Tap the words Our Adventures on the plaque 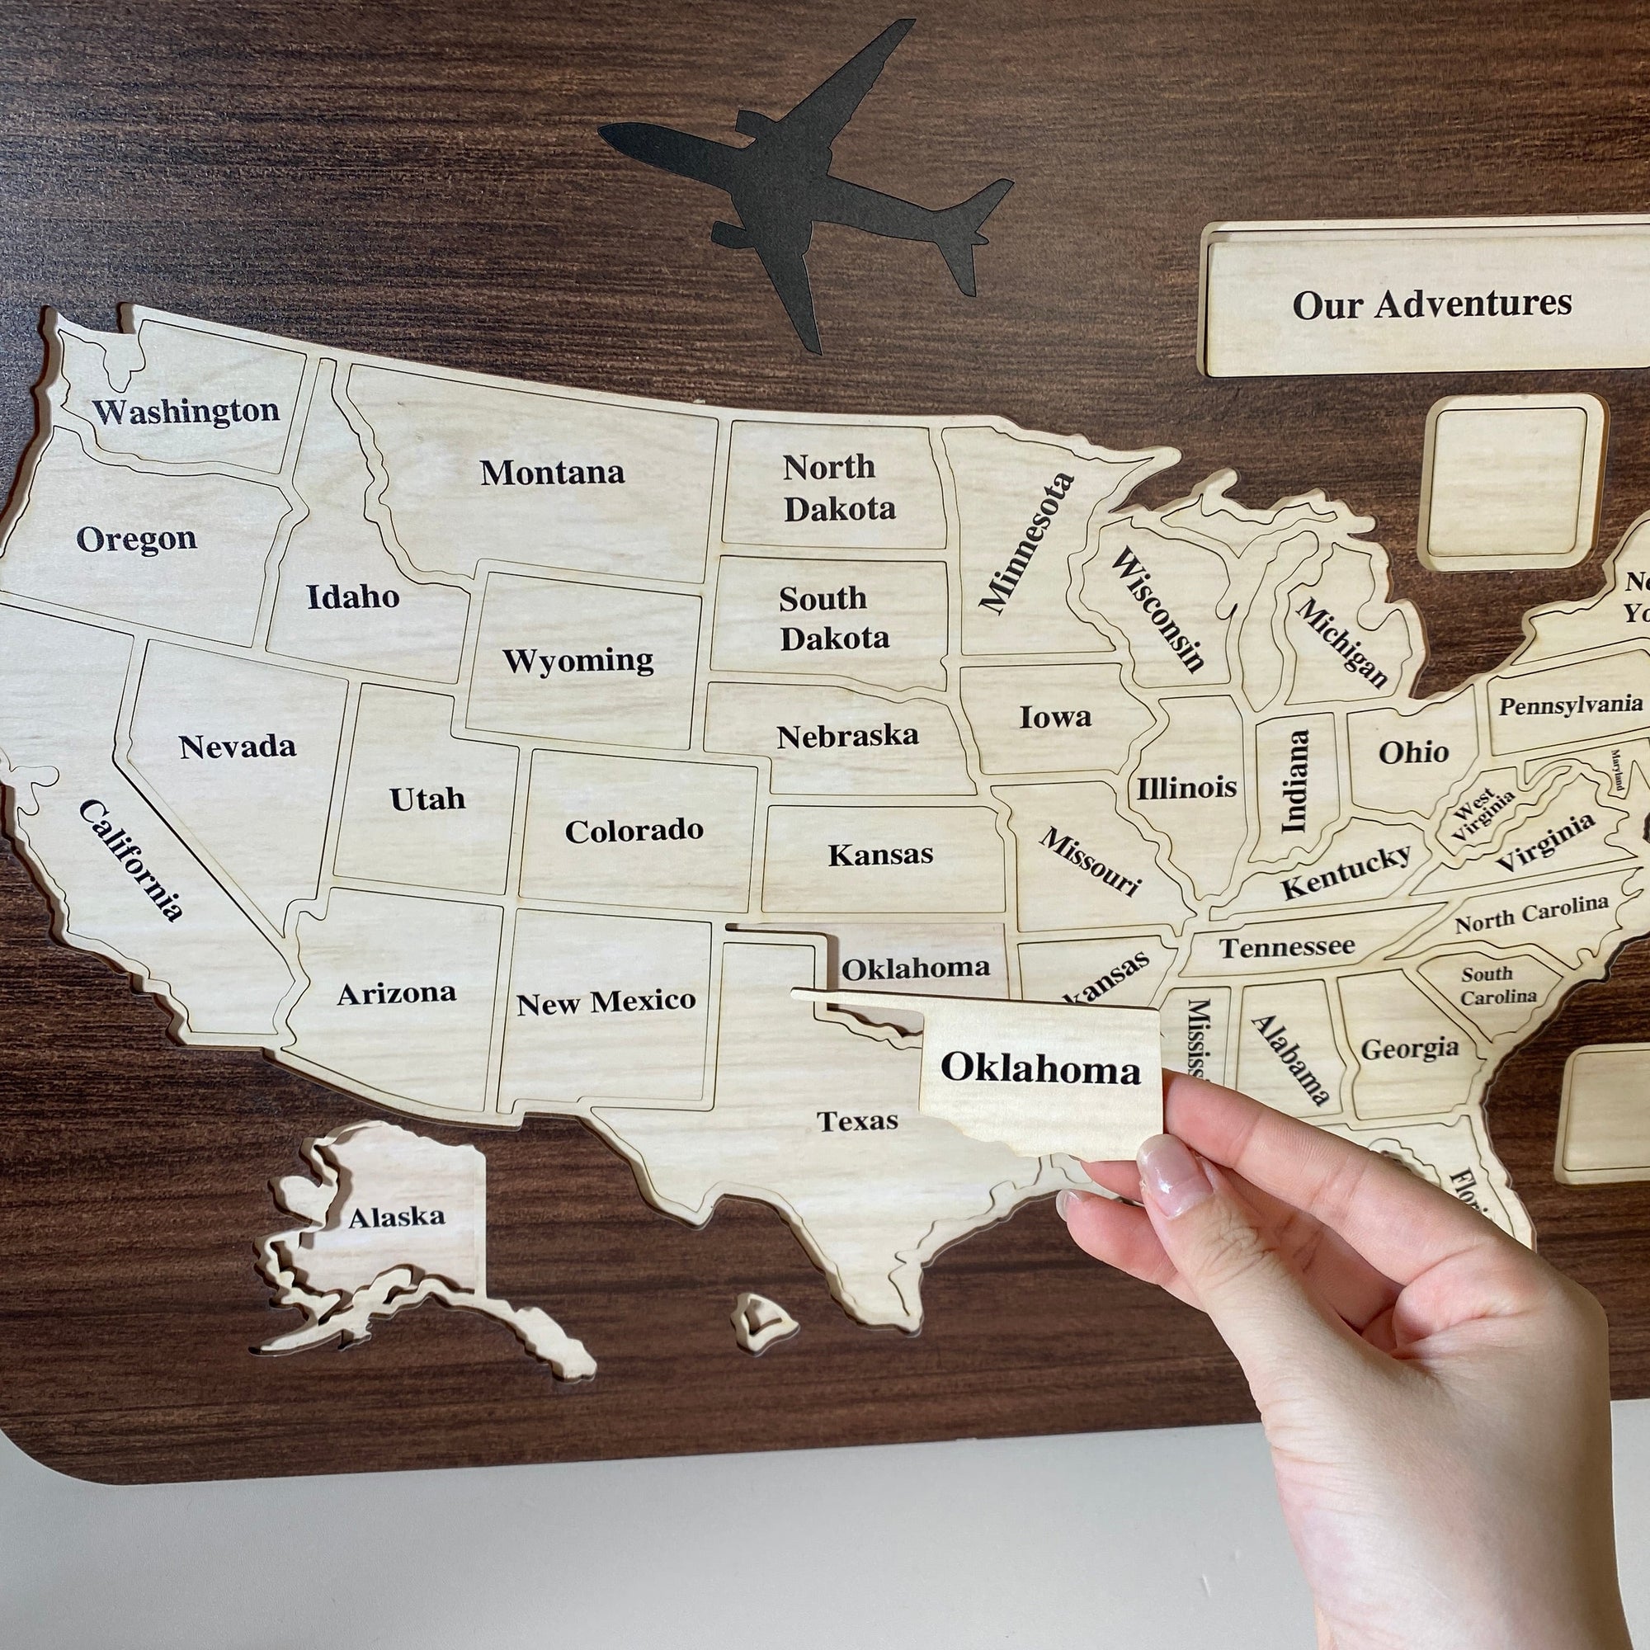coord(1431,304)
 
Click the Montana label coord(552,472)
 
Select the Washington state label coord(186,412)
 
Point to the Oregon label coord(137,539)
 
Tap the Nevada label coord(238,747)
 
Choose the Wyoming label coord(578,660)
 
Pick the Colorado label coord(634,830)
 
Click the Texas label coord(857,1120)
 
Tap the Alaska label coord(396,1216)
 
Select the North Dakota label coord(839,488)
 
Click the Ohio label coord(1413,752)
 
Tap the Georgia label coord(1409,1048)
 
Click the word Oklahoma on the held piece coord(1040,1068)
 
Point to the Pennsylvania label coord(1570,706)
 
